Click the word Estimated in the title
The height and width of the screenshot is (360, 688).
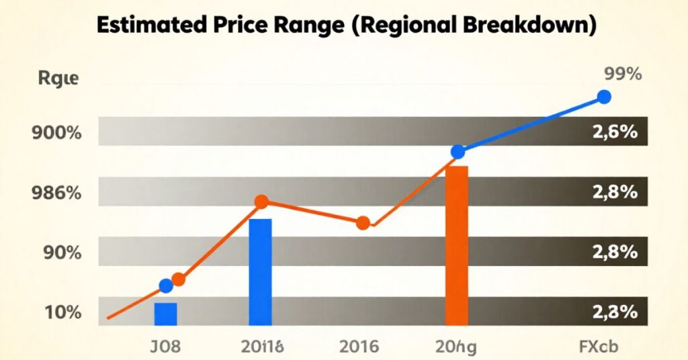150,26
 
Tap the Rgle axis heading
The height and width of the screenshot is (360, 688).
58,79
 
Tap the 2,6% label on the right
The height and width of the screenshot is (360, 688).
614,132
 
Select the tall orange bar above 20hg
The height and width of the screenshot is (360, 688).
457,245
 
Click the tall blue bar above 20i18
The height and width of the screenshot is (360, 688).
260,272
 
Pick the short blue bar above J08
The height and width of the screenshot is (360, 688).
165,314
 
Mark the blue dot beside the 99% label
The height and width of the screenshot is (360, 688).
603,97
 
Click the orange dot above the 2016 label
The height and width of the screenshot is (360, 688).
363,223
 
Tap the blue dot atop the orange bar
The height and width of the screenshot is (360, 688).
458,152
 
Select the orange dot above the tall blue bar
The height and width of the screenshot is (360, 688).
262,201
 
